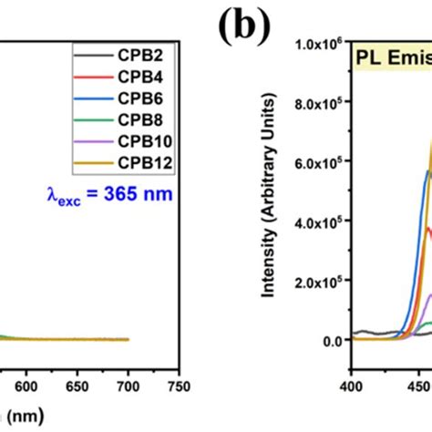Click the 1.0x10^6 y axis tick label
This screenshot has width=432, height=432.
318,44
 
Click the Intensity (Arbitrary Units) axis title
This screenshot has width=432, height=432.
271,210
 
